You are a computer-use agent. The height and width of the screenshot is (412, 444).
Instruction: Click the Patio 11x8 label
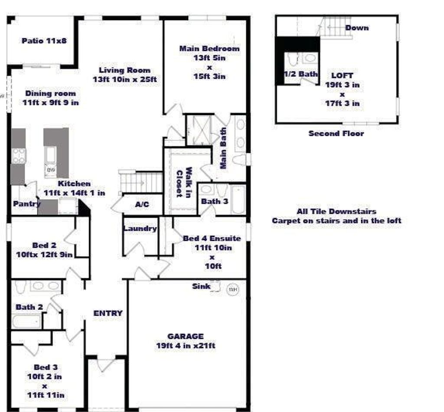point(43,41)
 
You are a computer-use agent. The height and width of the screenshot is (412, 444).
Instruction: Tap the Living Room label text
point(124,70)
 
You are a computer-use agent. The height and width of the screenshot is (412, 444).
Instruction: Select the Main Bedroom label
point(209,48)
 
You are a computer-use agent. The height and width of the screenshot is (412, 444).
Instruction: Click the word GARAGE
point(186,336)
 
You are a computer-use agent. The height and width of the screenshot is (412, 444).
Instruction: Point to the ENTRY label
point(108,313)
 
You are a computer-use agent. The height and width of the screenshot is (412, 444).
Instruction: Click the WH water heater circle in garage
point(233,290)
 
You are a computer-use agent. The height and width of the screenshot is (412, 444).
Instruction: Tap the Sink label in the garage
point(201,286)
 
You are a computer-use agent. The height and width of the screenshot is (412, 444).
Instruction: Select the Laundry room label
point(140,228)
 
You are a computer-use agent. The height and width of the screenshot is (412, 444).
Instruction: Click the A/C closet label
point(142,204)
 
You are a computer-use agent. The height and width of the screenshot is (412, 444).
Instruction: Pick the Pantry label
point(26,204)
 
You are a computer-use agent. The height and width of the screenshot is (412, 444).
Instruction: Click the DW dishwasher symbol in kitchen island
point(50,169)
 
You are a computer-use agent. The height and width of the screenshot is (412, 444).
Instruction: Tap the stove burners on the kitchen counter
point(19,156)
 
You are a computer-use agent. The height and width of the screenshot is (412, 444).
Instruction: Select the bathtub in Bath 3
point(238,199)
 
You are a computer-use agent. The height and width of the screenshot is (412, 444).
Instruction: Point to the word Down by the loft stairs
point(357,28)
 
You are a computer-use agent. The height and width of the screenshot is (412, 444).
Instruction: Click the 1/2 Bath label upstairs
point(300,74)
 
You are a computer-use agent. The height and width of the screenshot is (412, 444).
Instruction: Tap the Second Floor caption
point(336,133)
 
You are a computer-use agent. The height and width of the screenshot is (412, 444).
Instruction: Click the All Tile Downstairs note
point(336,212)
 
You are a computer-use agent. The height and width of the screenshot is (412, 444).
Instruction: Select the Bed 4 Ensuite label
point(212,238)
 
